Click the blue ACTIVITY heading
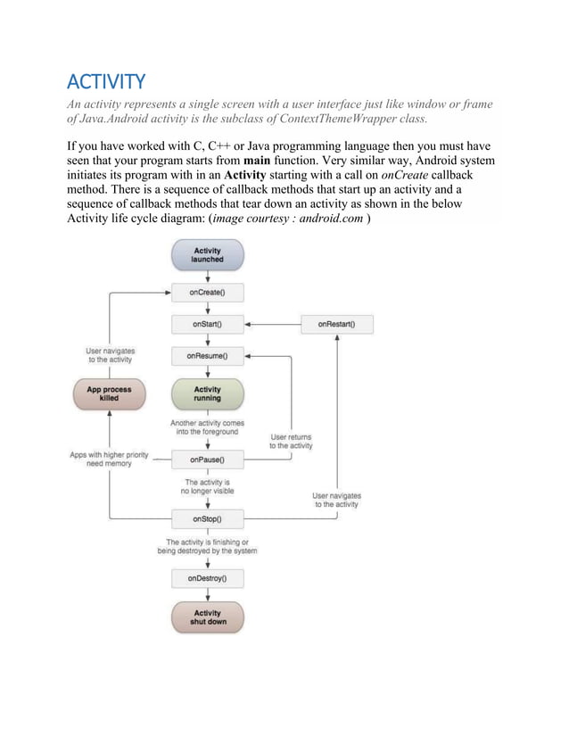(106, 83)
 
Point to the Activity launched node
(207, 255)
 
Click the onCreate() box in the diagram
(207, 292)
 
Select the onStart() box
(207, 324)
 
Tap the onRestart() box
(336, 324)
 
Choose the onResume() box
(207, 356)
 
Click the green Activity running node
(207, 393)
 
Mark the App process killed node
(108, 393)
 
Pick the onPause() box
(207, 460)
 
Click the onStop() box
(207, 518)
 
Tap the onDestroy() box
(207, 578)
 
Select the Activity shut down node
(207, 617)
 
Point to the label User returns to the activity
(291, 441)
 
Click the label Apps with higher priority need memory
(110, 460)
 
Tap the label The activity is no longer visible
(208, 486)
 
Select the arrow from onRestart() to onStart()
(272, 324)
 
